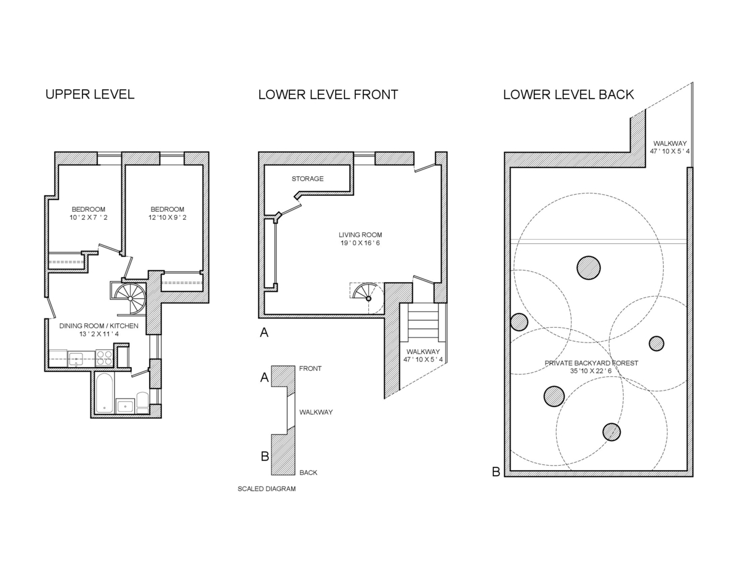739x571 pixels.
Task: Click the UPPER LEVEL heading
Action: coord(90,95)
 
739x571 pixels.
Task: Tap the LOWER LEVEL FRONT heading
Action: coord(328,95)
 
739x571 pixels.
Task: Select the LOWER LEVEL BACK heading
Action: coord(568,95)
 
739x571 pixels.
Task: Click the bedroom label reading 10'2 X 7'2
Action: coord(89,217)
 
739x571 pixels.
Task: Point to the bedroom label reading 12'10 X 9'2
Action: coord(167,217)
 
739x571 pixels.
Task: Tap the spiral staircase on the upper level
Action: coord(131,297)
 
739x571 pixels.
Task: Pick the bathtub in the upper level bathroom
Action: coord(105,393)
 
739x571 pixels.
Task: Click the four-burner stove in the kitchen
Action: coord(104,358)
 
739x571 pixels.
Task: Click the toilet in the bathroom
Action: coord(142,403)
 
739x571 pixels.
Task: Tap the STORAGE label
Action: coord(307,179)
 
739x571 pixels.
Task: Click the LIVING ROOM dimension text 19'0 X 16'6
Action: coord(360,243)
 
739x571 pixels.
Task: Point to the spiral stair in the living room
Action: coord(367,297)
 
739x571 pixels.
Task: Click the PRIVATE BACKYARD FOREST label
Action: coord(591,367)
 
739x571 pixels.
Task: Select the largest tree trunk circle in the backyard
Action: coord(589,267)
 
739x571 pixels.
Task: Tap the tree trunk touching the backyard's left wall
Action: coord(519,322)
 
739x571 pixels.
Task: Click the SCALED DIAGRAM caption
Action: coord(267,489)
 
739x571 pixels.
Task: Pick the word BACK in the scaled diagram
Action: coord(309,473)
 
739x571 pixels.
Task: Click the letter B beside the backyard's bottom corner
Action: coord(496,472)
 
